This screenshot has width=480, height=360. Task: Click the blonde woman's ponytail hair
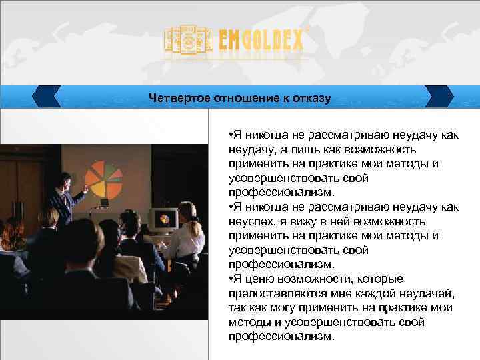pyautogui.click(x=195, y=227)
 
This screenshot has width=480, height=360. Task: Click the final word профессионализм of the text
pyautogui.click(x=279, y=337)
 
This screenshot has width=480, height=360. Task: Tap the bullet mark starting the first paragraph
pyautogui.click(x=230, y=135)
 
